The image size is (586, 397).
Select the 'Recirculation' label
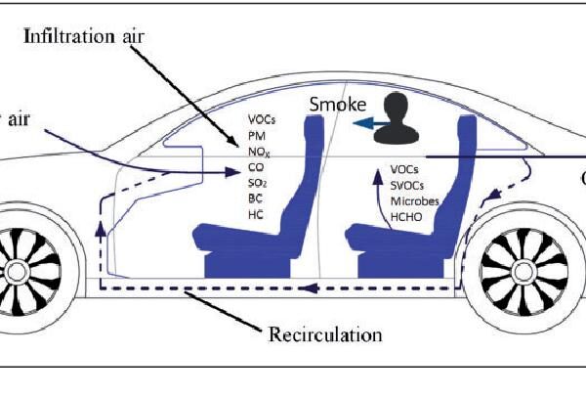324,335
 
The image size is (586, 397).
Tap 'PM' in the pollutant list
256,137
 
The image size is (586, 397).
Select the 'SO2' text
258,184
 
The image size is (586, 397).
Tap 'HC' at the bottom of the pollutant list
255,214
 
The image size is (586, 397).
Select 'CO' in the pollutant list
256,168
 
